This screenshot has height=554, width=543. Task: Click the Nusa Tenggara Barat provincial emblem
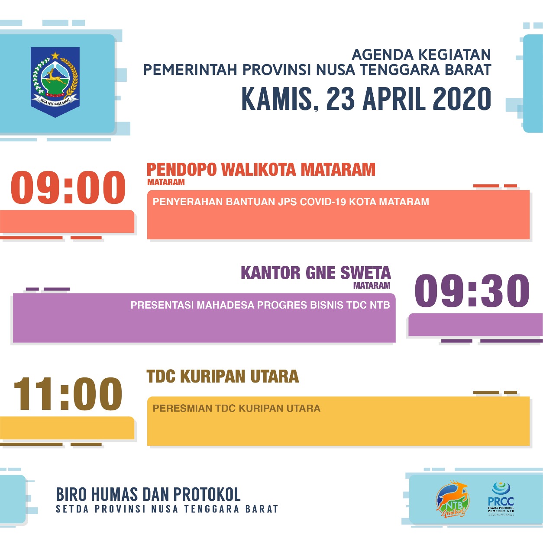tap(55, 81)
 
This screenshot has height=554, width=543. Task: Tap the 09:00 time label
tap(68, 187)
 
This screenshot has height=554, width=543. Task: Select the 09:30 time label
tap(472, 291)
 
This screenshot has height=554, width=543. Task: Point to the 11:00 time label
tap(68, 394)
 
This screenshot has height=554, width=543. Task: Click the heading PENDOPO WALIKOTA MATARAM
tap(261, 170)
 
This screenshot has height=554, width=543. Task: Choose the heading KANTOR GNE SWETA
tap(316, 273)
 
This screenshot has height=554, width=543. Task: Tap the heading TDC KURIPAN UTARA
tap(223, 377)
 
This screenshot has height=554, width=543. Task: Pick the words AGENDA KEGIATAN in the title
tap(421, 55)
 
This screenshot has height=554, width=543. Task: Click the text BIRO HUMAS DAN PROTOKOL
tap(148, 494)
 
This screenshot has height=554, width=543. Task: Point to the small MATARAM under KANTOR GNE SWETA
tap(372, 286)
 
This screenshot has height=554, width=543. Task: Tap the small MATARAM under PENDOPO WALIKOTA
tap(166, 182)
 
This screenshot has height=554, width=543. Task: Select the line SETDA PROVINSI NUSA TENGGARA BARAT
tap(167, 509)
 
